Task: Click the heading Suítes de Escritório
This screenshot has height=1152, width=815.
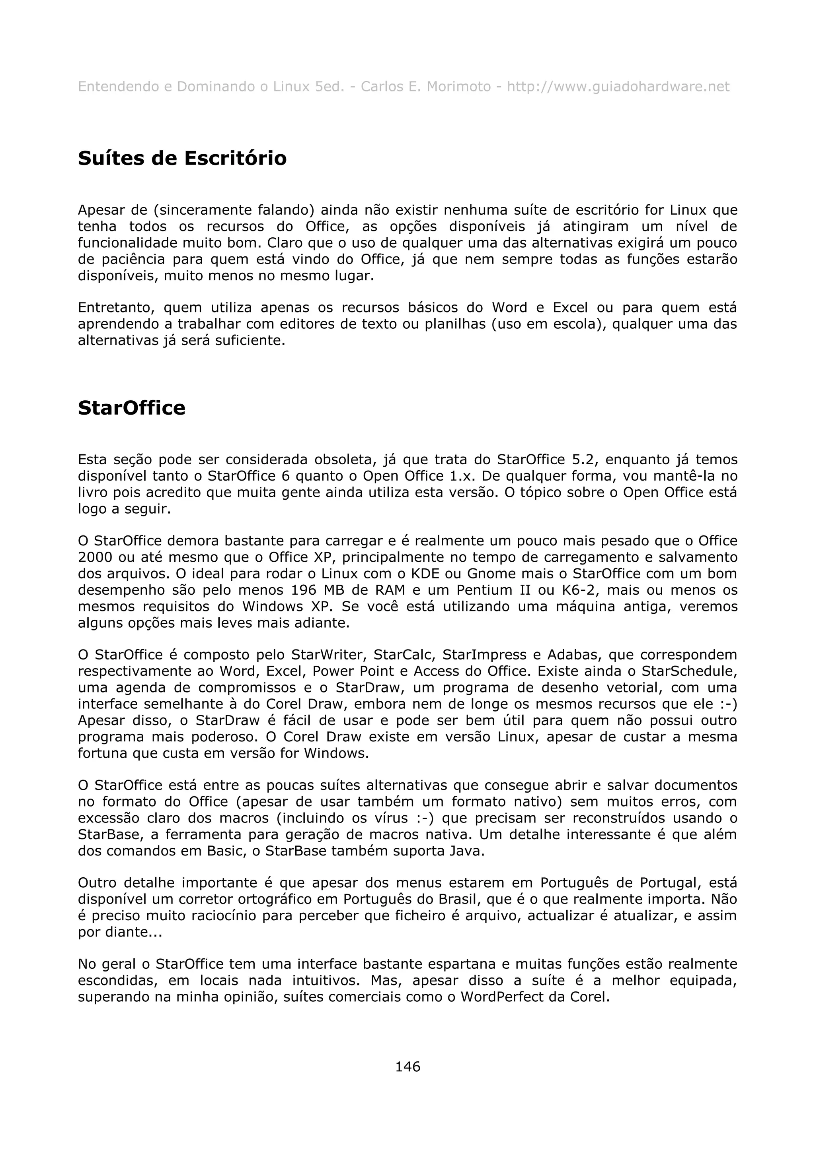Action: click(182, 159)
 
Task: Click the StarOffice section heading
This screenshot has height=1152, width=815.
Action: click(132, 408)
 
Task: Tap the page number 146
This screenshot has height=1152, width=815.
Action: click(407, 1066)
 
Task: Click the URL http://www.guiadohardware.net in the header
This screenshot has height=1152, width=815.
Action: click(618, 87)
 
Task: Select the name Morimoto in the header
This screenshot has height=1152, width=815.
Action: click(458, 87)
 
